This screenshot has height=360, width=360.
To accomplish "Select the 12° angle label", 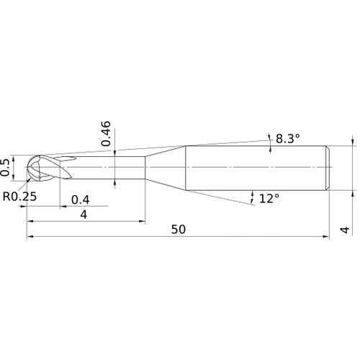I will click(x=269, y=197).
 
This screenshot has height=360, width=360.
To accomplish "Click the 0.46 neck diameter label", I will click(x=107, y=134).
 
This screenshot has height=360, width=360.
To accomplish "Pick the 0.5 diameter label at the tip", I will click(x=7, y=166).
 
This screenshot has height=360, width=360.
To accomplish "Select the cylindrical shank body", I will click(x=256, y=168).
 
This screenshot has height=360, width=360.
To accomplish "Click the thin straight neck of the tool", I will click(x=108, y=168).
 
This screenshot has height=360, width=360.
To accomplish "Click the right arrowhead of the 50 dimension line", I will click(x=327, y=236).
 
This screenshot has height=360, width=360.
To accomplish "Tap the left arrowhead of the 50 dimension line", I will click(x=30, y=236).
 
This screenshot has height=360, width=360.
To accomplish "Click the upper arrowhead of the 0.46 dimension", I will click(x=115, y=154).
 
